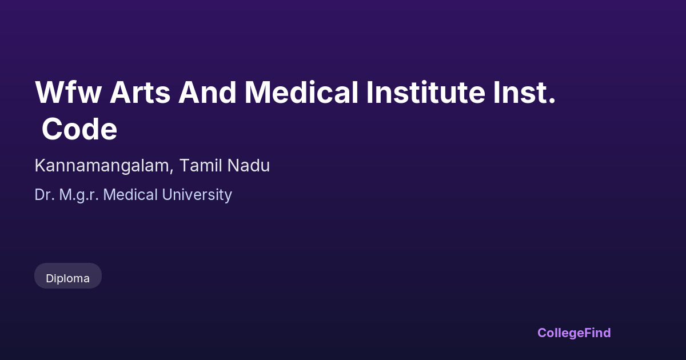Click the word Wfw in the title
(68, 92)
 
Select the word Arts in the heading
(140, 92)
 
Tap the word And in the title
(208, 92)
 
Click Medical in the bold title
(301, 92)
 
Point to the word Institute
(426, 92)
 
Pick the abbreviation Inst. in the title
(525, 92)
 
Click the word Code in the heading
(79, 129)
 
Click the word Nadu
(248, 165)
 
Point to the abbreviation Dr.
(45, 195)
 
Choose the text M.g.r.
(79, 195)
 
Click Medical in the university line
(130, 195)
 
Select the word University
(197, 195)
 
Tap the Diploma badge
(68, 276)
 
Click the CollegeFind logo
(574, 333)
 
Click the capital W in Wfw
(49, 92)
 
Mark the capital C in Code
(52, 129)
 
